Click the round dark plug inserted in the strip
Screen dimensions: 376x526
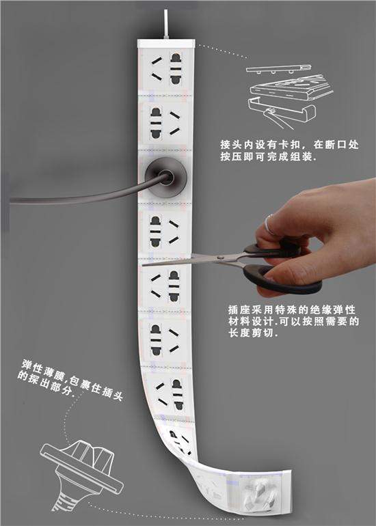[165, 177]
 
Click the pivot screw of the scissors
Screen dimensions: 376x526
[220, 258]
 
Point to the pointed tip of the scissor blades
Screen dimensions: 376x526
[143, 265]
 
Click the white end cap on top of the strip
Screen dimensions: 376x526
[166, 43]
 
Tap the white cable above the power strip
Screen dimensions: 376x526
[166, 24]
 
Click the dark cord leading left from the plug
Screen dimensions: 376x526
[84, 195]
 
